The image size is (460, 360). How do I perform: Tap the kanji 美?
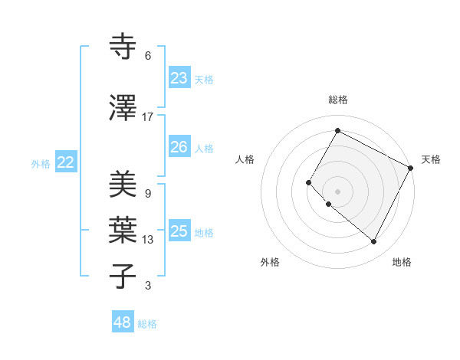(x=123, y=185)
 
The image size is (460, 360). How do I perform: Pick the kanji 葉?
(x=123, y=230)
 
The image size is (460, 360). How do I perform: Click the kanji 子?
(x=123, y=275)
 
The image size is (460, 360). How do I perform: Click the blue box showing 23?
(x=179, y=77)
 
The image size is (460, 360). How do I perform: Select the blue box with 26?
(x=179, y=146)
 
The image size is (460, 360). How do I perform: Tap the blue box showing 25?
(x=179, y=231)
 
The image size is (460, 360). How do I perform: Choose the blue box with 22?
(x=66, y=162)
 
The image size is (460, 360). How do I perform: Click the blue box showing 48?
(x=123, y=322)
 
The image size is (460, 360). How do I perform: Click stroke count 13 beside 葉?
(x=148, y=240)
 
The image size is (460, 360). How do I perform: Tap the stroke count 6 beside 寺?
(x=148, y=56)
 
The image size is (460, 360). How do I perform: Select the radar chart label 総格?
(x=337, y=100)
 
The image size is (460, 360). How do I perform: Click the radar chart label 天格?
(x=431, y=159)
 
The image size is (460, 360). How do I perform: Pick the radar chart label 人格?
(x=245, y=159)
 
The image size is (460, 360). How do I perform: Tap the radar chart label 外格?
(x=270, y=262)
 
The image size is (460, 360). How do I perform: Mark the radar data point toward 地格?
(x=373, y=242)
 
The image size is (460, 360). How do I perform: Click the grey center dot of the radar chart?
(x=337, y=191)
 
